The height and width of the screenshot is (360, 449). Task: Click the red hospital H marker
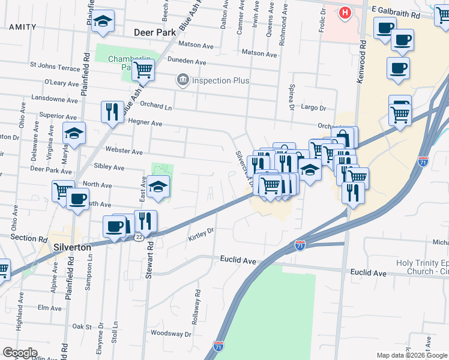coord(345,12)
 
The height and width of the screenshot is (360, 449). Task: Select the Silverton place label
coord(71,247)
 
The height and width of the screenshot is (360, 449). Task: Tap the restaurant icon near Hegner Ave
coord(112,112)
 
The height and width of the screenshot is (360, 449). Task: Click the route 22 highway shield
coord(139,237)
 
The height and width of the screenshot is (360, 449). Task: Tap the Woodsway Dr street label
coord(171,334)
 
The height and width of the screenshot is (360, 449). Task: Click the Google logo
coord(20,353)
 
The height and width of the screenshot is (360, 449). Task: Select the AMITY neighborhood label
coord(22,27)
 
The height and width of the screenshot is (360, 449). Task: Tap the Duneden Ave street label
coord(187,62)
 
